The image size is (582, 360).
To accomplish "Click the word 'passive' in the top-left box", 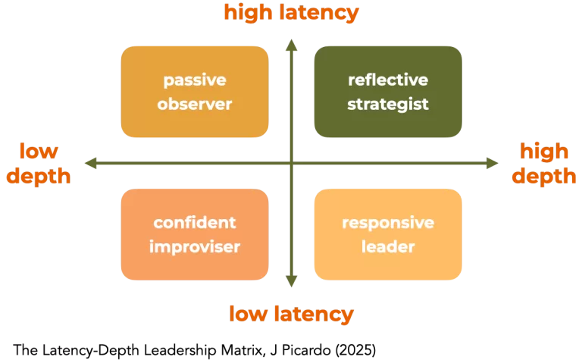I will pos(195,80).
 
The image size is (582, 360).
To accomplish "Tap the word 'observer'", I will pos(195,104).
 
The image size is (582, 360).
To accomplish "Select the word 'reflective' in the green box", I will pos(388,80).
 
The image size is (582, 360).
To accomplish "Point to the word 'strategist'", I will pos(388,104).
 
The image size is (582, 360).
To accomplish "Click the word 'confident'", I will pos(195,223).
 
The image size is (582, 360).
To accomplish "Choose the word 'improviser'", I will pos(195,246).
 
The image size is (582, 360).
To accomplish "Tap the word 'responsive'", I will pos(388,223).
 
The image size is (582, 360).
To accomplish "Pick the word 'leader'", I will pos(388,246).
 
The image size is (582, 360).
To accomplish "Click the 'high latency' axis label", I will pos(291,13).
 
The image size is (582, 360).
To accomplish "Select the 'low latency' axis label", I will pos(291,314).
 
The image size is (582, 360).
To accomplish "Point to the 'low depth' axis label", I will pos(39,163).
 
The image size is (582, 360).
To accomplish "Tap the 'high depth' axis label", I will pos(543,163).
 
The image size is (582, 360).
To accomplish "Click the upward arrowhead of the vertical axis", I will pos(291,43).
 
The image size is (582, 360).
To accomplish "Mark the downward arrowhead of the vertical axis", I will pos(291,283).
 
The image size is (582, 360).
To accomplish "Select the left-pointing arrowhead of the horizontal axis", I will pos(90,163).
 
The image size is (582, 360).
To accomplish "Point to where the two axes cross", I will pos(291,163).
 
